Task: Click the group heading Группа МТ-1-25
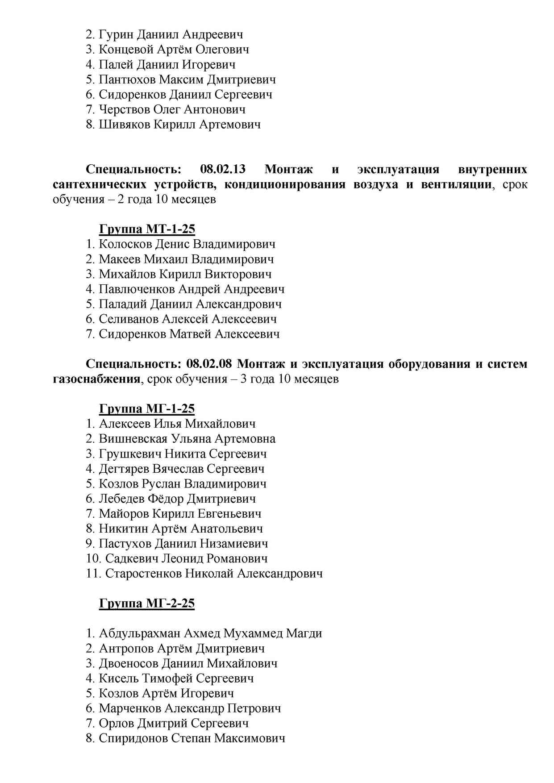(x=147, y=229)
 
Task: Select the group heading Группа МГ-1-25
(x=147, y=409)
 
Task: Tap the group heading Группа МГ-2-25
(x=147, y=604)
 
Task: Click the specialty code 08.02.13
(x=223, y=170)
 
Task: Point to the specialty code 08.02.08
(x=209, y=364)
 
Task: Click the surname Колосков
(x=125, y=244)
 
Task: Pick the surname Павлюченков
(x=137, y=289)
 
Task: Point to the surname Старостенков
(x=143, y=574)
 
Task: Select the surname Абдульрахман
(x=140, y=633)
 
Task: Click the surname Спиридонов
(x=133, y=738)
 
